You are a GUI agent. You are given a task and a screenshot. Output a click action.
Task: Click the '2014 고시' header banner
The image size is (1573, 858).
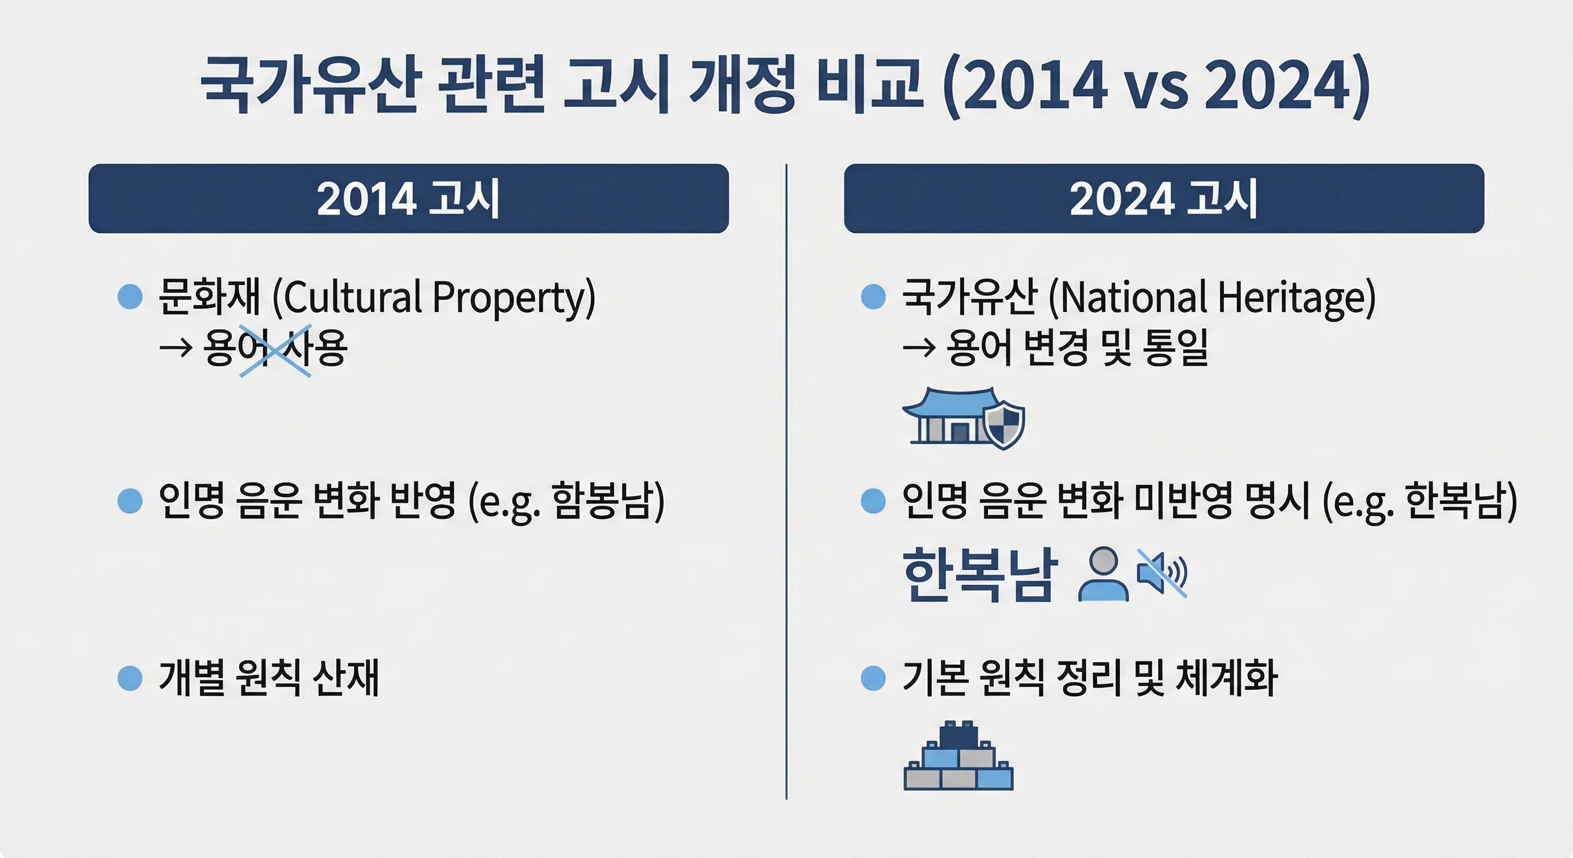point(408,198)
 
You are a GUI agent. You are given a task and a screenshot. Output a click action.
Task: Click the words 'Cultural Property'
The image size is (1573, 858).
point(433,297)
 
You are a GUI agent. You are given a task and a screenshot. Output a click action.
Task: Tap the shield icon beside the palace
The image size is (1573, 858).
point(1004,425)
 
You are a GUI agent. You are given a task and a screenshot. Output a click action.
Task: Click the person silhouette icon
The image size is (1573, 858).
point(1103,574)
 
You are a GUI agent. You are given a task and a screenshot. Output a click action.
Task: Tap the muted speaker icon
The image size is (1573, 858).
point(1161,573)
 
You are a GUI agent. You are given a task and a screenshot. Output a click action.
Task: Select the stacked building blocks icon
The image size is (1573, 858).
point(958,757)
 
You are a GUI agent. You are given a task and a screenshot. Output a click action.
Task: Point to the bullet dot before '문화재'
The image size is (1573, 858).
point(130,297)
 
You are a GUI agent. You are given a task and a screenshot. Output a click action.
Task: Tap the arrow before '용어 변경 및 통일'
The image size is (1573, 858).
point(918,348)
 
